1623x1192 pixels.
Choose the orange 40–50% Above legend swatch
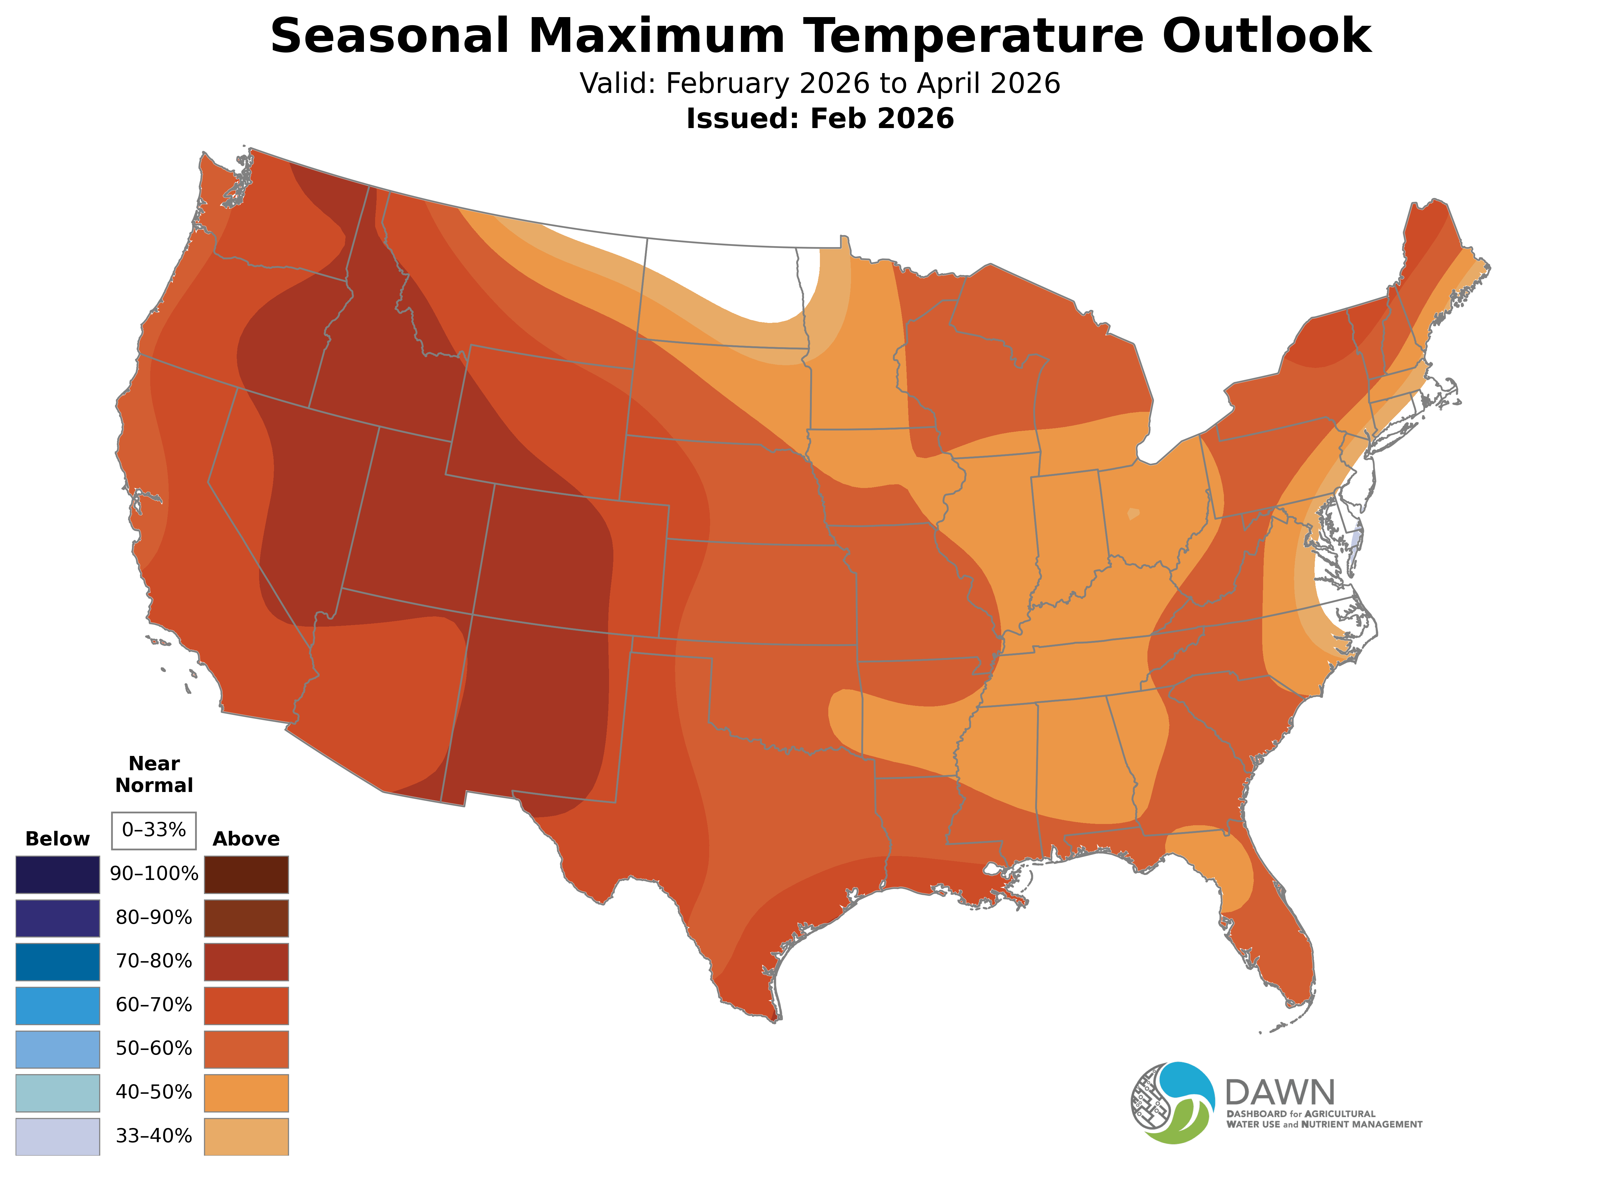point(246,1093)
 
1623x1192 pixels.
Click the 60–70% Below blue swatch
point(58,1005)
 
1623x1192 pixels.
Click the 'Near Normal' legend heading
point(154,774)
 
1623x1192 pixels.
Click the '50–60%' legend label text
point(154,1048)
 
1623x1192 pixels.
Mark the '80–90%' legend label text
point(154,918)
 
